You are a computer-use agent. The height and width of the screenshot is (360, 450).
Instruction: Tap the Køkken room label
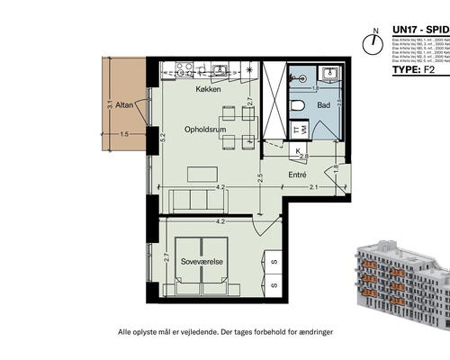coord(209,90)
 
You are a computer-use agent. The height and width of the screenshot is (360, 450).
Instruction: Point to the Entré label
coord(297,175)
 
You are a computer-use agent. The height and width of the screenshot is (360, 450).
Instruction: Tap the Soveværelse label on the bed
coord(202,262)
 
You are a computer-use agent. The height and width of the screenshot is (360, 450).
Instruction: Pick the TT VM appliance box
coord(298,131)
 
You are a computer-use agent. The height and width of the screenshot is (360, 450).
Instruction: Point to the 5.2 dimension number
coord(163,139)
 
